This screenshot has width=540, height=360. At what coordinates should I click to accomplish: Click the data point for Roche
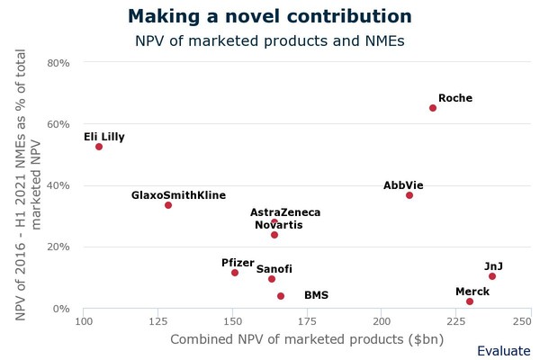pos(433,108)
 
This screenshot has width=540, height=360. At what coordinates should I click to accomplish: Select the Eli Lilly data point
pos(99,147)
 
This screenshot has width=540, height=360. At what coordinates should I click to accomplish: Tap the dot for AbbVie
pos(409,195)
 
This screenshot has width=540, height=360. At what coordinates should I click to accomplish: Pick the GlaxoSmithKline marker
pos(168,205)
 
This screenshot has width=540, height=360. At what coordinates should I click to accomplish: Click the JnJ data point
pos(492,276)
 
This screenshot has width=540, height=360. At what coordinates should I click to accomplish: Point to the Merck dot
pos(470,301)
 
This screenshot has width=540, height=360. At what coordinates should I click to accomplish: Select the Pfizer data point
pos(235,273)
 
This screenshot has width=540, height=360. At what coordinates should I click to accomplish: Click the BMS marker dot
pos(281,296)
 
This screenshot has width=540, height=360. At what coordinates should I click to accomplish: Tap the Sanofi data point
pos(272,279)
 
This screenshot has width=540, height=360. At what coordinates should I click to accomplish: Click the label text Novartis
pos(279,225)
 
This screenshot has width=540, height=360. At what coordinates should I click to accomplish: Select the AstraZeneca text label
pos(285,212)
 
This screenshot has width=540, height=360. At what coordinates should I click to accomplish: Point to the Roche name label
pos(455,98)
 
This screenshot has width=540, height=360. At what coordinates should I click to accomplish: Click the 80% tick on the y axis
pos(58,63)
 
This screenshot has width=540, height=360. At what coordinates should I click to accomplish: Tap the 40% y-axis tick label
pos(58,186)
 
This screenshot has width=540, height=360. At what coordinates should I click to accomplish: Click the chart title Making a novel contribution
pos(270,16)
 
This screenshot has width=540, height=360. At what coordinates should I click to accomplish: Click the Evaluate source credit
pos(503,351)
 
